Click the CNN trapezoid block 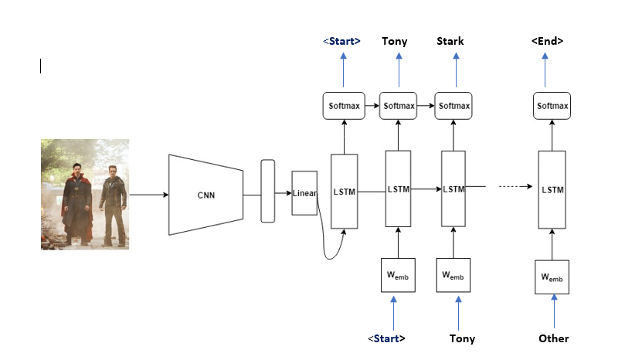206,195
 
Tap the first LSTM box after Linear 344,191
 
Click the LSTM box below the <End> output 552,189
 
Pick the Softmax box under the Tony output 399,105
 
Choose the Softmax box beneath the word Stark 453,105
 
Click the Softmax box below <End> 552,105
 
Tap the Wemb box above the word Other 552,277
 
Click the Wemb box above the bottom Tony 453,276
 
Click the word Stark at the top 450,41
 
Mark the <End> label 547,41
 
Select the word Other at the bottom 553,338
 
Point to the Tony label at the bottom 462,338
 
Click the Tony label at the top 395,41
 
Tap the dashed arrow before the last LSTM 514,186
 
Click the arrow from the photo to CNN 148,195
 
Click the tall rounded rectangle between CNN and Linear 268,191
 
